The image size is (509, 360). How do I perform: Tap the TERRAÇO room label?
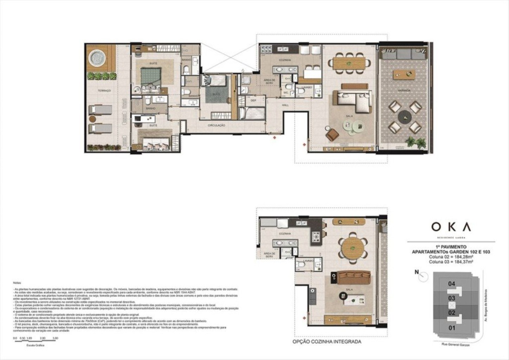tap(104, 91)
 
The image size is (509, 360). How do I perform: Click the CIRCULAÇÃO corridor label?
tap(216, 126)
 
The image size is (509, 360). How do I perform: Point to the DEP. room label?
tap(253, 101)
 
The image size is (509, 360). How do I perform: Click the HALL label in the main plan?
tap(285, 105)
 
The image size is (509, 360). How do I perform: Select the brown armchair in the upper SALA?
tap(332, 134)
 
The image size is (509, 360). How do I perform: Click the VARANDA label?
tap(404, 91)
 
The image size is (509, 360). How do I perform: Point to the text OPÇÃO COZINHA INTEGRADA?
tap(327, 342)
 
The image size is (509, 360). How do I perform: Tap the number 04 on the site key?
tap(452, 283)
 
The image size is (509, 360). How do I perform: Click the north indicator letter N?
tap(417, 272)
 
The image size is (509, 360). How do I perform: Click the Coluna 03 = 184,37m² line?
tap(451, 262)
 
